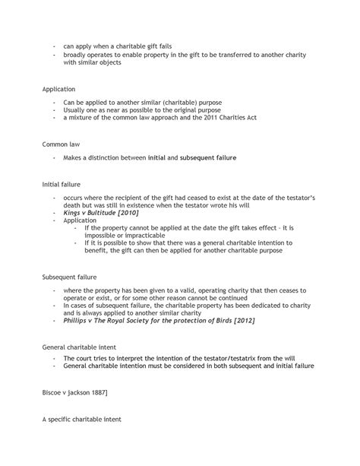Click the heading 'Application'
(x=58, y=89)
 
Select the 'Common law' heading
(x=60, y=143)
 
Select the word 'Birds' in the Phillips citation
(x=218, y=320)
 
